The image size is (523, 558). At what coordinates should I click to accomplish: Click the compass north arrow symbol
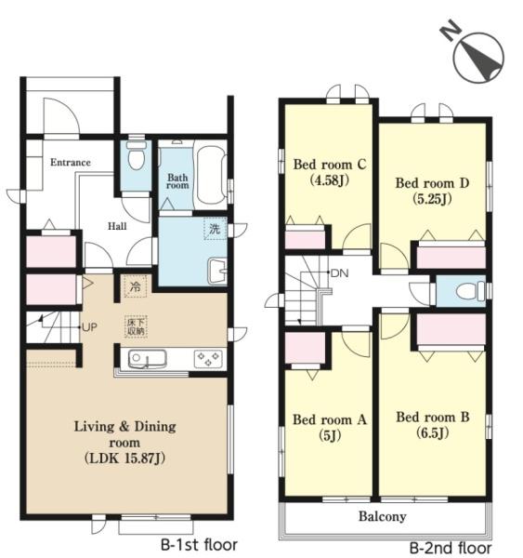(x=478, y=57)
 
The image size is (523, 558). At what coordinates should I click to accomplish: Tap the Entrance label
(x=71, y=163)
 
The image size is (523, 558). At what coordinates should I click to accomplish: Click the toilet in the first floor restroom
(x=137, y=156)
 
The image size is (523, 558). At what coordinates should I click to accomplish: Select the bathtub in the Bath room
(x=211, y=177)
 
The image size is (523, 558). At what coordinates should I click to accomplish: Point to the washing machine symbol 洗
(x=216, y=229)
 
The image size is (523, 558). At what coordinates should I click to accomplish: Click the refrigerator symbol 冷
(x=135, y=286)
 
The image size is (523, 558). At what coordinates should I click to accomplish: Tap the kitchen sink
(x=147, y=359)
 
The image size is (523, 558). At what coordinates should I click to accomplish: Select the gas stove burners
(x=208, y=359)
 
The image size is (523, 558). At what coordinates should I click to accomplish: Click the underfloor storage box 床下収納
(x=136, y=326)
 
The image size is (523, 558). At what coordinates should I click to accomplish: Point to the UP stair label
(x=89, y=327)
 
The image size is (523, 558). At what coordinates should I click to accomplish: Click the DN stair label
(x=340, y=273)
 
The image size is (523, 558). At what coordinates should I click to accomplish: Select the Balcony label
(x=382, y=516)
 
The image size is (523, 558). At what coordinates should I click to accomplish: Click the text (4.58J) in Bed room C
(x=330, y=180)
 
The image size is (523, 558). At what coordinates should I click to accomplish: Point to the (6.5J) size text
(x=432, y=432)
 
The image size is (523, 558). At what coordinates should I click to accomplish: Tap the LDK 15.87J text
(x=124, y=458)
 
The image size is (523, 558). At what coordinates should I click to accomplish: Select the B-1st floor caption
(x=199, y=545)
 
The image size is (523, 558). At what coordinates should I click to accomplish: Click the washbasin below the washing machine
(x=217, y=271)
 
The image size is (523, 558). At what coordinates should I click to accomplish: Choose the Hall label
(x=117, y=226)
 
